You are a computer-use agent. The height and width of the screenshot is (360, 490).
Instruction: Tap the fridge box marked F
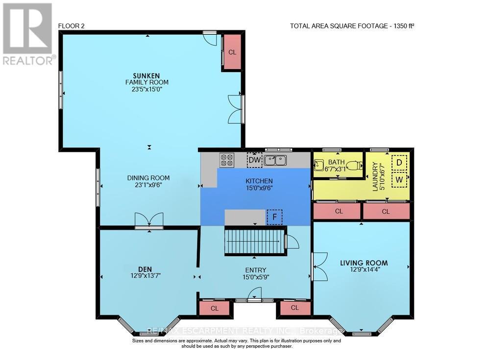coord(274,217)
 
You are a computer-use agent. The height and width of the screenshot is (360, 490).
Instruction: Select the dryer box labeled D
coord(399,162)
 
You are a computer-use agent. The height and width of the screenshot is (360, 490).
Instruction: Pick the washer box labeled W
coord(399,179)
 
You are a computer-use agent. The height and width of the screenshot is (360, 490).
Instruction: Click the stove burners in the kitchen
coord(227,160)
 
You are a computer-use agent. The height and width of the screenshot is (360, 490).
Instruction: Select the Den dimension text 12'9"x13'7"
coord(145,276)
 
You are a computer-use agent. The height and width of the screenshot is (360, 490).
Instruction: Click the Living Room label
coord(364,263)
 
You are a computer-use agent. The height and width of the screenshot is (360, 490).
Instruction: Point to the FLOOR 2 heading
coord(72,26)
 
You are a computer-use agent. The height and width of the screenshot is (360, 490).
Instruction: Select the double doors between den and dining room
coord(149,220)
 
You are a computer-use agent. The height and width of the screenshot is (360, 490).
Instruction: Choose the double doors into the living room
coord(318,267)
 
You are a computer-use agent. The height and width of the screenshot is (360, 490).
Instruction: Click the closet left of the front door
coord(214,308)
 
